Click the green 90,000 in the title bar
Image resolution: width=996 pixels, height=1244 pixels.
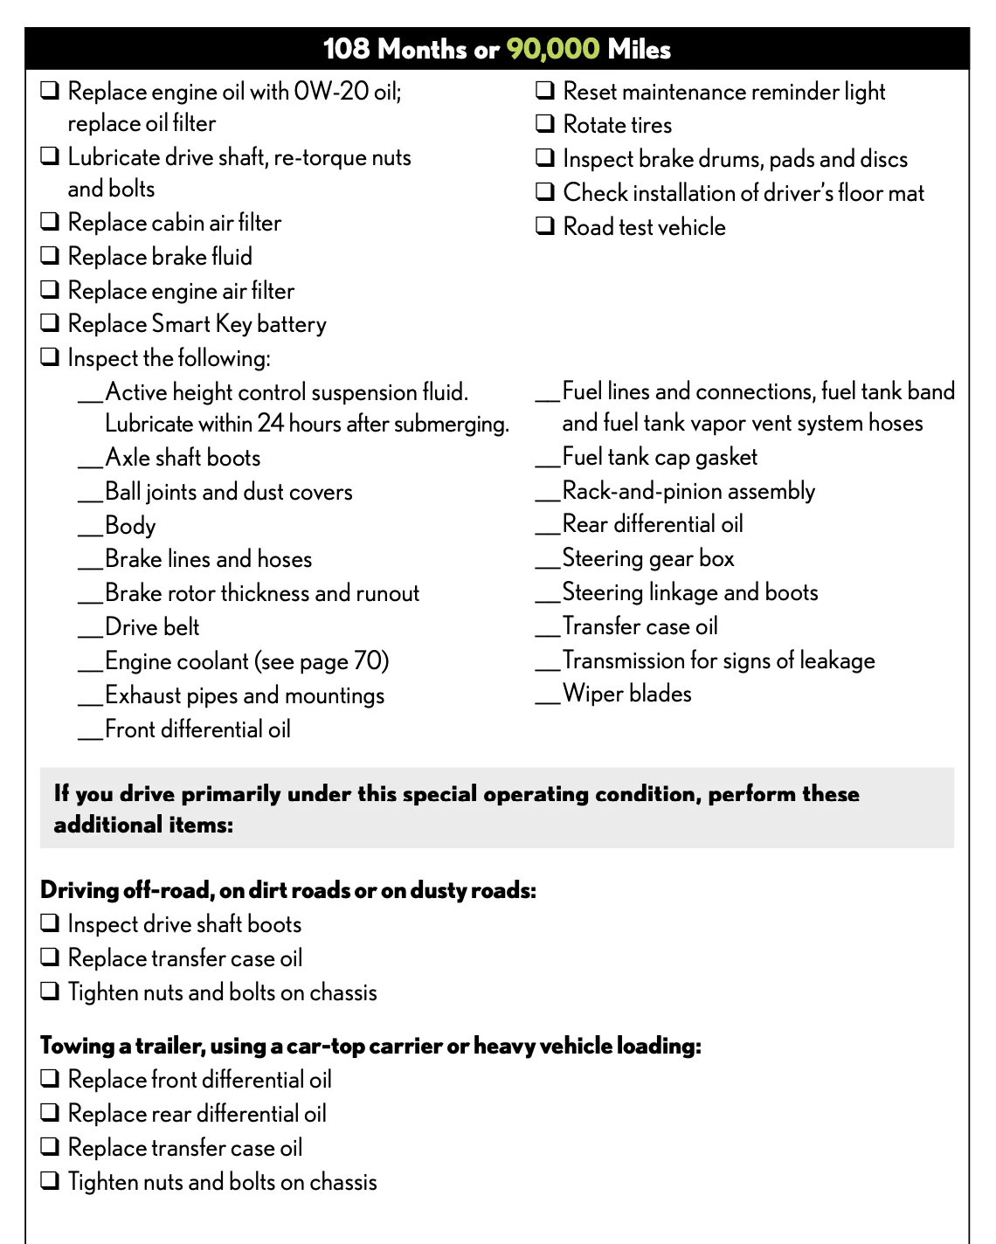553,49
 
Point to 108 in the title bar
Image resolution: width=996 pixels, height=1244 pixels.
346,49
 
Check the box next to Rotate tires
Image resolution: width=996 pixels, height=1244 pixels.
545,124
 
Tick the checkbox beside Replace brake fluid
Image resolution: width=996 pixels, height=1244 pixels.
51,256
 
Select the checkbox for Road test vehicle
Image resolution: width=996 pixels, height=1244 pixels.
545,226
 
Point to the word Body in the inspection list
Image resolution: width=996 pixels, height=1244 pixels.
130,526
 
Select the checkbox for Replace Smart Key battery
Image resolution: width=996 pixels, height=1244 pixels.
51,323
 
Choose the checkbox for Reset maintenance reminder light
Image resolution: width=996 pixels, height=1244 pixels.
545,91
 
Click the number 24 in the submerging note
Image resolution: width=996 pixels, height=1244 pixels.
271,424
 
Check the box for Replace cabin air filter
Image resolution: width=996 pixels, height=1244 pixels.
51,222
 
